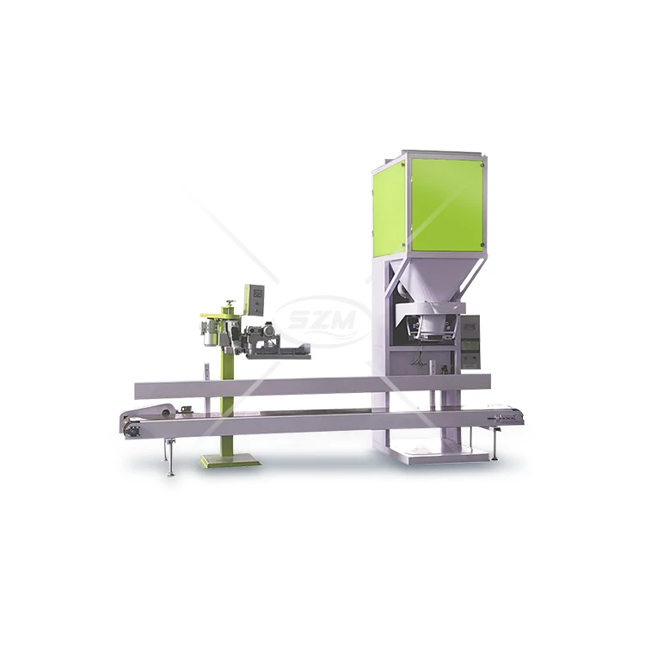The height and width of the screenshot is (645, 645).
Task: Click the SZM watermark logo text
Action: pos(322,321)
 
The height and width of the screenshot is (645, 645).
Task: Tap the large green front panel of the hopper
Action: pos(447,205)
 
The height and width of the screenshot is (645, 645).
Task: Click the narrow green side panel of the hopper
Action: pos(390,210)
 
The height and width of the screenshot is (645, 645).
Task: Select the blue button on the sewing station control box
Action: pos(257,305)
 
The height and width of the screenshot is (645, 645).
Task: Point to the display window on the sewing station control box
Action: pos(257,293)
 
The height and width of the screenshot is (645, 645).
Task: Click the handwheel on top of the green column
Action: pos(230,304)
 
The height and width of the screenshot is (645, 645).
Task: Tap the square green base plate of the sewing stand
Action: pos(230,459)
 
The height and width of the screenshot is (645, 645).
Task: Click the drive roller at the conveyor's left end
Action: pos(132,428)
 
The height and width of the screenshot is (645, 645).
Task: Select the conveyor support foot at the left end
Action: pos(169,458)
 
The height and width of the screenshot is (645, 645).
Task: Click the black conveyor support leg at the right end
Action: pos(494,444)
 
